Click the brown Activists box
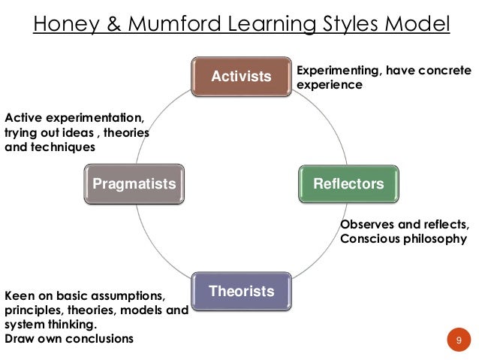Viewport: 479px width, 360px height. pyautogui.click(x=241, y=76)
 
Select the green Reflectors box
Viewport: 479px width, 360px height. pyautogui.click(x=349, y=183)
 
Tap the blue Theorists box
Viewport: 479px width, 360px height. pyautogui.click(x=241, y=291)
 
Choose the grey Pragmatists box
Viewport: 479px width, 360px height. pyautogui.click(x=134, y=183)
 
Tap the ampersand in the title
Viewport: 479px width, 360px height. pyautogui.click(x=111, y=26)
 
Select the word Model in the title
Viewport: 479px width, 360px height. pyautogui.click(x=416, y=26)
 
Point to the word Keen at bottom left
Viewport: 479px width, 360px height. pyautogui.click(x=20, y=295)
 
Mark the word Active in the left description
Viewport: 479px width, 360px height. pyautogui.click(x=23, y=119)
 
